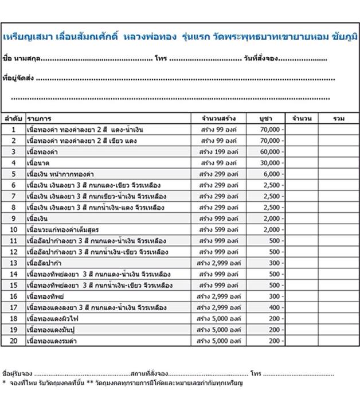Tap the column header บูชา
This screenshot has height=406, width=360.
pos(265,118)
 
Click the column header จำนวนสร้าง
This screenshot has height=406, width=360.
pos(219,118)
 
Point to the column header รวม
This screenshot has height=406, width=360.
pos(339,118)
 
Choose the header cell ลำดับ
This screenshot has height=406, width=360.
pos(13,118)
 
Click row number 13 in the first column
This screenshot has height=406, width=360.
pos(13,263)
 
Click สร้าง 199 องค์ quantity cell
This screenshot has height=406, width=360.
pos(219,152)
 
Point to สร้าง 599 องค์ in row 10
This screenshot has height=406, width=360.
pos(219,229)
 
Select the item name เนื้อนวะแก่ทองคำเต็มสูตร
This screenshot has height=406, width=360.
pos(64,229)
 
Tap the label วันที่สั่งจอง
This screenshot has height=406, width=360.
pos(261,59)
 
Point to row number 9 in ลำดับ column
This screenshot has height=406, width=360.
pos(13,218)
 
